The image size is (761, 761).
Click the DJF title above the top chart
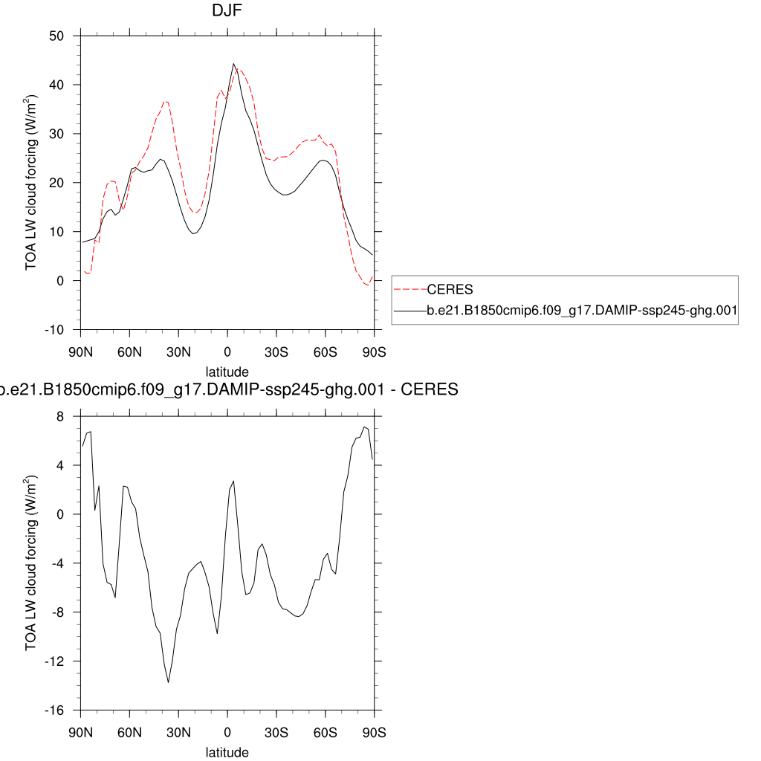[x=227, y=11]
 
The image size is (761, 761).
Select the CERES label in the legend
[x=450, y=289]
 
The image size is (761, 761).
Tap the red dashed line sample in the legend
[x=409, y=289]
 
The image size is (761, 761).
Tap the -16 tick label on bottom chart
[x=55, y=710]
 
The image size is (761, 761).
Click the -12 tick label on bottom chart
[x=55, y=661]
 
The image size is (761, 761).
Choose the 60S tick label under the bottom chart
[x=325, y=732]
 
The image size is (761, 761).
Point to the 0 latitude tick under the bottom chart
[x=227, y=732]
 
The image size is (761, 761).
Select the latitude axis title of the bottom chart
[x=227, y=752]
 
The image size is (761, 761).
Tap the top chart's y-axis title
[x=31, y=182]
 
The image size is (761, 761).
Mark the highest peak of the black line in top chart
[x=233, y=64]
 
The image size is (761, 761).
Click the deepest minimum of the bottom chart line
[x=169, y=682]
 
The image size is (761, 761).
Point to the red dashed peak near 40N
[x=166, y=101]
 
